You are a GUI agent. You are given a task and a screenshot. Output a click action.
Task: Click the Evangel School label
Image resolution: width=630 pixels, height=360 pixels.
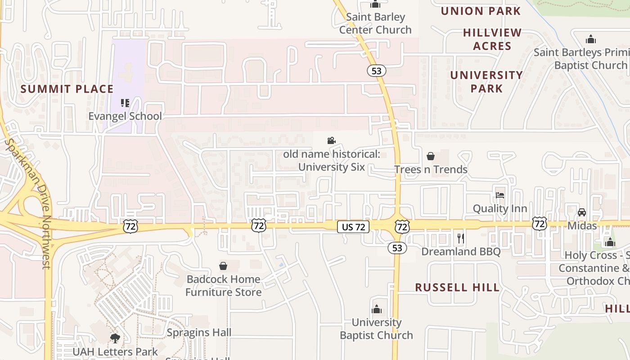(125, 116)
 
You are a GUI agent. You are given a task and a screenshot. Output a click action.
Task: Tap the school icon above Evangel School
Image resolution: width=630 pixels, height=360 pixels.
(125, 103)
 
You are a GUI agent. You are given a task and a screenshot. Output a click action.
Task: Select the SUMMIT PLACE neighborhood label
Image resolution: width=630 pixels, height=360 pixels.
(67, 89)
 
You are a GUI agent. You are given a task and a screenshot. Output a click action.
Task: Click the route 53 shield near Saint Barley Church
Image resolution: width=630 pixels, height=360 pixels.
(376, 71)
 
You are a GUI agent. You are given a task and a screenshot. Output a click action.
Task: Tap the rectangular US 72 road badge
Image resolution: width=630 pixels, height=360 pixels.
(353, 227)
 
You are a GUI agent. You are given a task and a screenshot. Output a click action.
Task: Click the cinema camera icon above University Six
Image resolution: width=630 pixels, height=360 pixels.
(332, 141)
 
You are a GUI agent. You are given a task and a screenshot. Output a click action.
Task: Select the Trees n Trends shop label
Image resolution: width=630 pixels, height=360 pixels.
(431, 170)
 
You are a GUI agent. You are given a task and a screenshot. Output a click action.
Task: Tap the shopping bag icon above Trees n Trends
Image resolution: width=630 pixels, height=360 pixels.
(431, 157)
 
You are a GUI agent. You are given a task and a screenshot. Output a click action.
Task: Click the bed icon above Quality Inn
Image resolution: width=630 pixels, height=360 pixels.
(500, 195)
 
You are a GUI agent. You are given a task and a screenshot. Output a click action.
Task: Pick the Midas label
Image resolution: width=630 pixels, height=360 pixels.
(582, 225)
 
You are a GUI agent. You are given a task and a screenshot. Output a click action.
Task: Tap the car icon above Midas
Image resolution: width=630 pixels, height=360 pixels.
(582, 212)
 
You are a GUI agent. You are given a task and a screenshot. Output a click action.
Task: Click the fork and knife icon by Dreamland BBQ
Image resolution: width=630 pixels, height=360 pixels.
(460, 238)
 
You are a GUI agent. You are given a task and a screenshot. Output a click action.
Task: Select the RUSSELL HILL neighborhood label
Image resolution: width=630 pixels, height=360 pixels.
(457, 288)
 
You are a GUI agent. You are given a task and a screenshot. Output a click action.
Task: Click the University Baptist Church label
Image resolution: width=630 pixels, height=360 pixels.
(376, 329)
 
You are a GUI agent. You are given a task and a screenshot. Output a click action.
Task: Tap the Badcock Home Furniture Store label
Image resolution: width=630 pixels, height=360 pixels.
(223, 286)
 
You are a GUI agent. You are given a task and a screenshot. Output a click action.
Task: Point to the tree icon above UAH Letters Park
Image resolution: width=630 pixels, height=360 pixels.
(115, 338)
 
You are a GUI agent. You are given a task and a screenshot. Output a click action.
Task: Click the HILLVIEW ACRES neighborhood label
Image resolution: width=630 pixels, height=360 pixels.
(492, 39)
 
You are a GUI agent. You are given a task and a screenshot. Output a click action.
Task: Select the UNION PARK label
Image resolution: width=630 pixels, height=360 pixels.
(481, 11)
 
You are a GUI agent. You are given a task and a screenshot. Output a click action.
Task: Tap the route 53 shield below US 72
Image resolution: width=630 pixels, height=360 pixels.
(396, 248)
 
